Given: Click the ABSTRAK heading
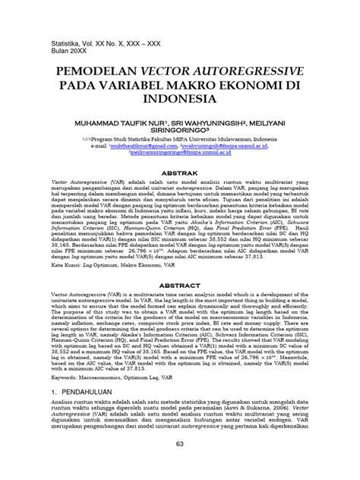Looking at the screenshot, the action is click(x=180, y=174).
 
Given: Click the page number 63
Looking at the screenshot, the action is click(x=180, y=465).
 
